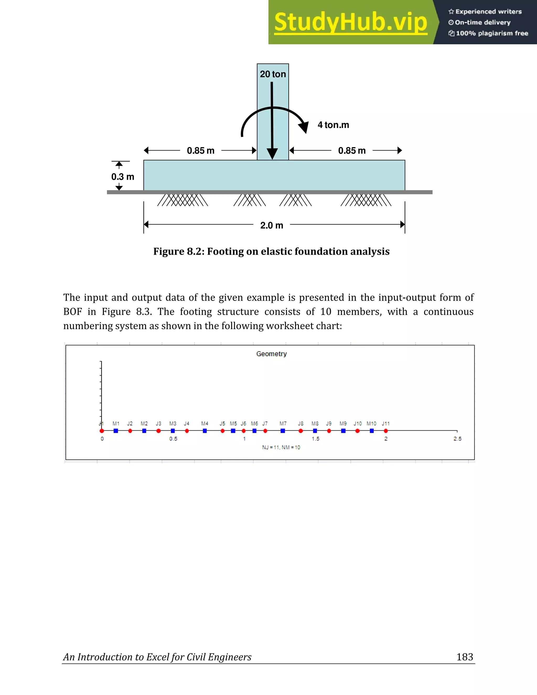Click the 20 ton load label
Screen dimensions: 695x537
click(x=273, y=74)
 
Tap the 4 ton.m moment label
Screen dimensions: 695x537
click(x=333, y=125)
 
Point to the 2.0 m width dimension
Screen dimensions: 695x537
click(x=271, y=225)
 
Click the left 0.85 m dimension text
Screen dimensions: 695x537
click(x=200, y=151)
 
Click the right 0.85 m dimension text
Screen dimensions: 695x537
click(x=352, y=151)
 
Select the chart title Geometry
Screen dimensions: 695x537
click(x=271, y=354)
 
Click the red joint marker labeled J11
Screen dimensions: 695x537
click(x=385, y=431)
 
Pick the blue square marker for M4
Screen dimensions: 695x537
click(x=205, y=431)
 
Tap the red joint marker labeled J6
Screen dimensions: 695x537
click(x=243, y=431)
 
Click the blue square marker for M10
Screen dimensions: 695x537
click(x=372, y=431)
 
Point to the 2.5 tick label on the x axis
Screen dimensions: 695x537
click(x=457, y=439)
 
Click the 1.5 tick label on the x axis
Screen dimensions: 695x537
click(x=315, y=439)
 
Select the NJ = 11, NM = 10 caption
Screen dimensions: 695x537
click(x=281, y=447)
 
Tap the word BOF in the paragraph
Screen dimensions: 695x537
click(x=73, y=312)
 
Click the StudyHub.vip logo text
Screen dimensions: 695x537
click(x=350, y=22)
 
